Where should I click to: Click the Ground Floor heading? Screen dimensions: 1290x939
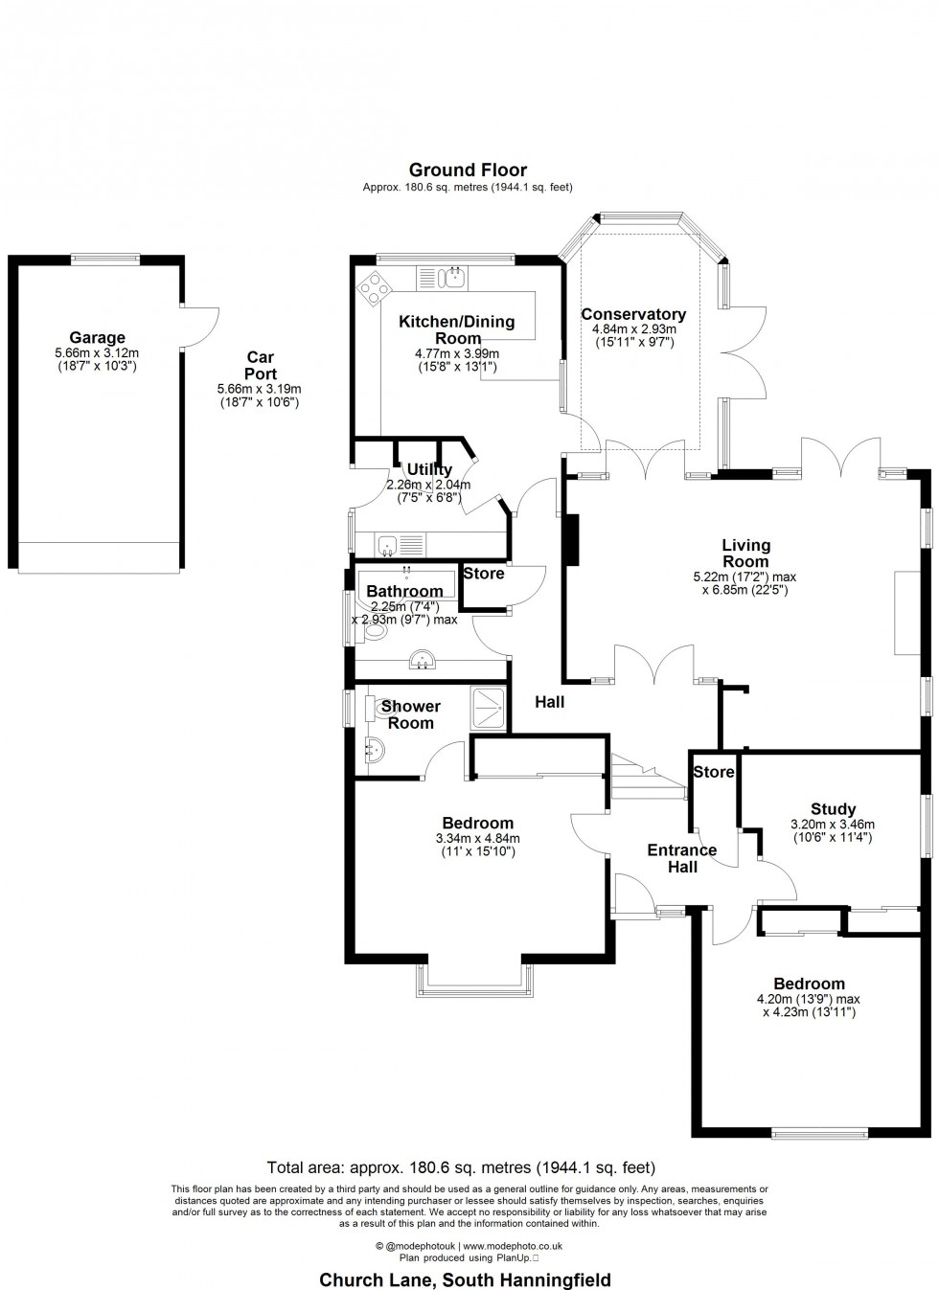click(468, 170)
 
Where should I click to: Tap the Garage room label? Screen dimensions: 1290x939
click(97, 337)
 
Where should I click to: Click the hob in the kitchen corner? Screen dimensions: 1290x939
click(373, 286)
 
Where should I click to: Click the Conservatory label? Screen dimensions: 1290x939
click(633, 314)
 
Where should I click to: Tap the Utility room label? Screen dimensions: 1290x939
click(429, 469)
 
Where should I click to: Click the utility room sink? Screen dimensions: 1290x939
click(388, 545)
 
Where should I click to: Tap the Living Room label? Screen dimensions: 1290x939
click(745, 554)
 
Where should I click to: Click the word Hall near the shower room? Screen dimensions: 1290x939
click(549, 702)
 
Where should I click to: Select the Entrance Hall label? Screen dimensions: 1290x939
click(682, 858)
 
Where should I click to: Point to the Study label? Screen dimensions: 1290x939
click(832, 809)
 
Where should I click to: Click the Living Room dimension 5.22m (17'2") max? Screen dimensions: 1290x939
click(744, 577)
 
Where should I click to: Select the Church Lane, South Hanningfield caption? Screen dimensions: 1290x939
click(465, 1279)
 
